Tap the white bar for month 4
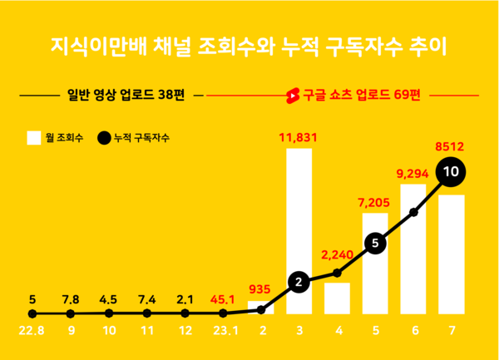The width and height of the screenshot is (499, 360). point(337,298)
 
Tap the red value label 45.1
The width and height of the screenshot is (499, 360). point(223,298)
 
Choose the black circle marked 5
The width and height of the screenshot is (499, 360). point(375,244)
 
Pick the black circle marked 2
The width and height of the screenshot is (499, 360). point(299,283)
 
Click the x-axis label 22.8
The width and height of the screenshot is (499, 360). point(32,330)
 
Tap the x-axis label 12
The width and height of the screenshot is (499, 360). point(185,330)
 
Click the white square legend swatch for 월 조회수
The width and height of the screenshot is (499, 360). point(34,137)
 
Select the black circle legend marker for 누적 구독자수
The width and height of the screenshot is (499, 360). point(104,137)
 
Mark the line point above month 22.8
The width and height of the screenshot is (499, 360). point(32,313)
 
